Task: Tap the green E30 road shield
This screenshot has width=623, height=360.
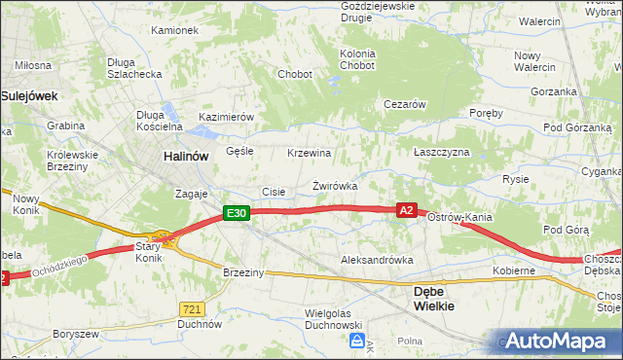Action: pos(236,213)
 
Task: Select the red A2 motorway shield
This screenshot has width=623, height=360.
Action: pos(408,209)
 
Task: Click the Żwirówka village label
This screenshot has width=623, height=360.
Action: pos(335,185)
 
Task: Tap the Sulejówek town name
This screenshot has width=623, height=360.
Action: pos(30,96)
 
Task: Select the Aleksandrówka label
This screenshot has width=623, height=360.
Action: pos(377,261)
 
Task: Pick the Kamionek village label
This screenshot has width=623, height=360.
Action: pos(174,30)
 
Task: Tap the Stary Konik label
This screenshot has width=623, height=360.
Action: pos(147,253)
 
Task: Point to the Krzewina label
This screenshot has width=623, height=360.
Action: pos(310,154)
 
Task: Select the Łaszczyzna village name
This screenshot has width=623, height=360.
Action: pos(441,153)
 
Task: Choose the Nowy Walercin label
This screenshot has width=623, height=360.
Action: pos(534,61)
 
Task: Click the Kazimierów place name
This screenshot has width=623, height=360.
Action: pos(226,117)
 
